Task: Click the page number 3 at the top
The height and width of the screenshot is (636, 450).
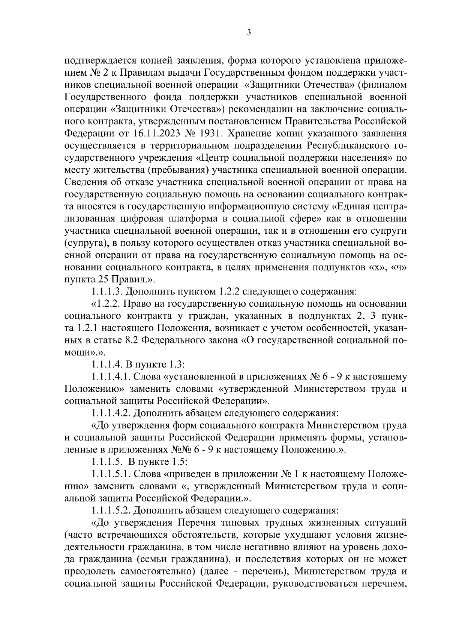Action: pyautogui.click(x=249, y=33)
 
